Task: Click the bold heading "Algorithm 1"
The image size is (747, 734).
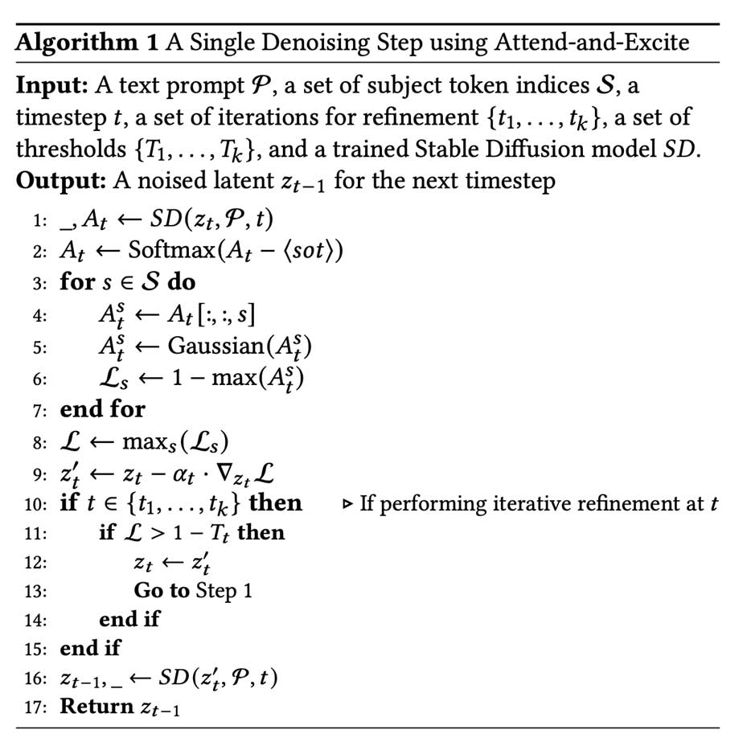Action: (x=87, y=42)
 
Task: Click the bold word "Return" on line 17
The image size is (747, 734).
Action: (x=97, y=707)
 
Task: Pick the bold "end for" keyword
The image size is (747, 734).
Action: (x=102, y=409)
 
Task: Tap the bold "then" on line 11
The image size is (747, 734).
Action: (x=261, y=532)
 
